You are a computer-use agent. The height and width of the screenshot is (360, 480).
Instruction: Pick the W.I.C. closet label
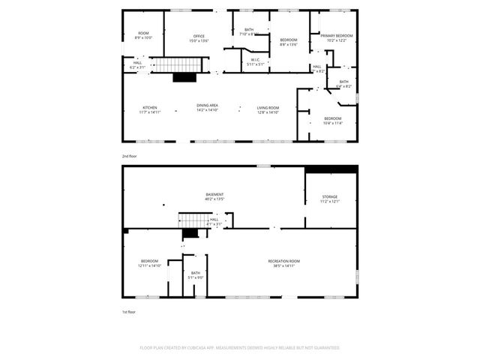255,61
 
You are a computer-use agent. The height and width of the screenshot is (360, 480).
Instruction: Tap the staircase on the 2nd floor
179,65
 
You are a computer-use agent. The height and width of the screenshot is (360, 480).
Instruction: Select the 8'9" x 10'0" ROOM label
142,35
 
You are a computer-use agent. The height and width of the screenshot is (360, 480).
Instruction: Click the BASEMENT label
214,196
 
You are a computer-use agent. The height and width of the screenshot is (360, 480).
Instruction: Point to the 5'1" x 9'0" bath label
195,274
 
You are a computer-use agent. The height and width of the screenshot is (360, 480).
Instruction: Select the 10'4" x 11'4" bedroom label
332,120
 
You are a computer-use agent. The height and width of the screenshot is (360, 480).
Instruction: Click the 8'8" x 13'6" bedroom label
289,42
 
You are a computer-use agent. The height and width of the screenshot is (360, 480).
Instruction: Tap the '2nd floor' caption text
130,156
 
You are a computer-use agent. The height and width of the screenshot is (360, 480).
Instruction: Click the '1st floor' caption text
129,311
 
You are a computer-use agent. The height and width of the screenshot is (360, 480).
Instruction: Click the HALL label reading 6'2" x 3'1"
137,64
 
